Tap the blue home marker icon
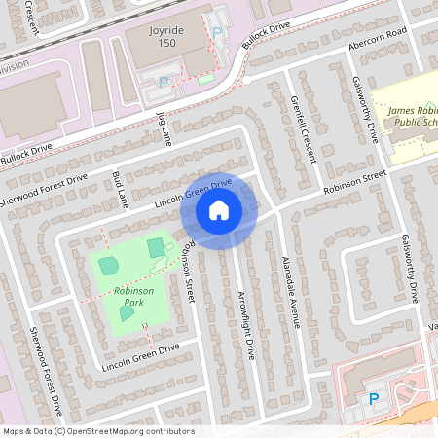[x=219, y=209]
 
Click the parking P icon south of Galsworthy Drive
[x=373, y=399]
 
